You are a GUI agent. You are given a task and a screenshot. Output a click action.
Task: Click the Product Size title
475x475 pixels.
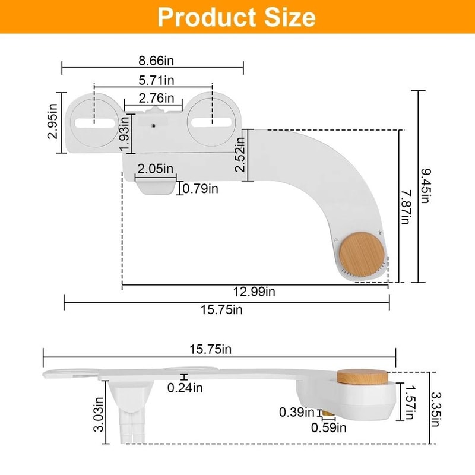click(236, 17)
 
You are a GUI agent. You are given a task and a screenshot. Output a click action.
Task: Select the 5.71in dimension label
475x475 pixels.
click(153, 80)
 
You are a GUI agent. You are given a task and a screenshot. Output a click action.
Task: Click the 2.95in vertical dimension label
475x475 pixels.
click(53, 122)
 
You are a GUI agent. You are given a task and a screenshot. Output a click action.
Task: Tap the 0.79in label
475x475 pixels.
click(201, 189)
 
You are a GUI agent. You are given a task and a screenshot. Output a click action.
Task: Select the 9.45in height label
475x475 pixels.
click(425, 186)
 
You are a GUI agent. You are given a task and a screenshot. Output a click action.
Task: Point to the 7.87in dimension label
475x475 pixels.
click(405, 207)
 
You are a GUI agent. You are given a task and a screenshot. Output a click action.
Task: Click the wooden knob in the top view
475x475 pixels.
click(362, 254)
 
